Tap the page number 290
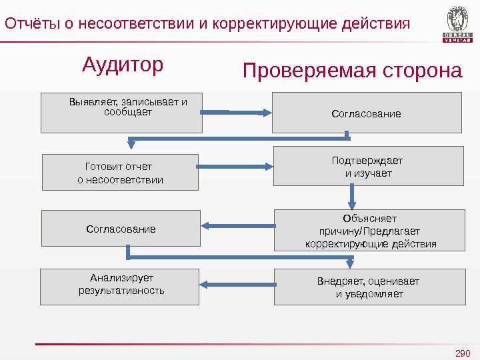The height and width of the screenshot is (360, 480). (462, 353)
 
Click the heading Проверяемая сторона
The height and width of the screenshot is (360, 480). (352, 71)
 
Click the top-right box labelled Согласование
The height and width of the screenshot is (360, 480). (367, 113)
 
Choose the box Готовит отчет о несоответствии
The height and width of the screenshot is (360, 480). (121, 172)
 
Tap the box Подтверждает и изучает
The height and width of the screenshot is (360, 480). (368, 167)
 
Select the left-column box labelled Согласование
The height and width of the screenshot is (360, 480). (121, 229)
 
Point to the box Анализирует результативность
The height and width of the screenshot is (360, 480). (121, 287)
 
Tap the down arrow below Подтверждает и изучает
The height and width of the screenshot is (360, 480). (352, 197)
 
